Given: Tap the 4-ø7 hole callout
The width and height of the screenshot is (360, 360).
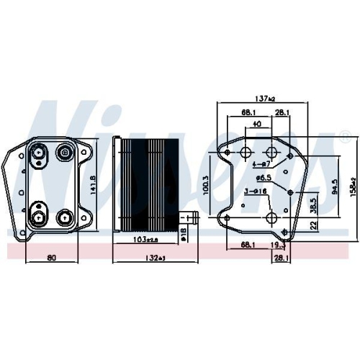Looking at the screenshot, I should [x=261, y=164].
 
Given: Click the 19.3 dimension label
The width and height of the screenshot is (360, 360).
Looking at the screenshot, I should [x=278, y=246].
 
